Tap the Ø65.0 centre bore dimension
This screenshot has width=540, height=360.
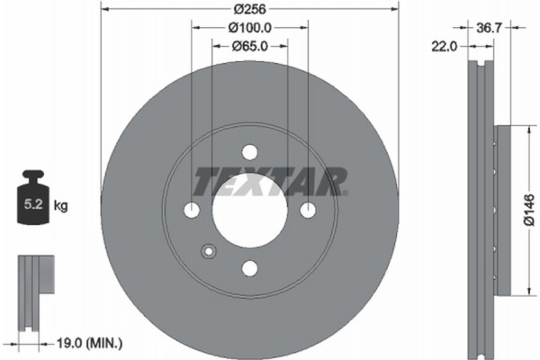249,47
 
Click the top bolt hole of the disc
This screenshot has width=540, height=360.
249,152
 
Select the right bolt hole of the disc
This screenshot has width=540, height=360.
308,211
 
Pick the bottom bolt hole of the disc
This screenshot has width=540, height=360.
249,268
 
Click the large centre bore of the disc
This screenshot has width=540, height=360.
249,211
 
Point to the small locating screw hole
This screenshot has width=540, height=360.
209,251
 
